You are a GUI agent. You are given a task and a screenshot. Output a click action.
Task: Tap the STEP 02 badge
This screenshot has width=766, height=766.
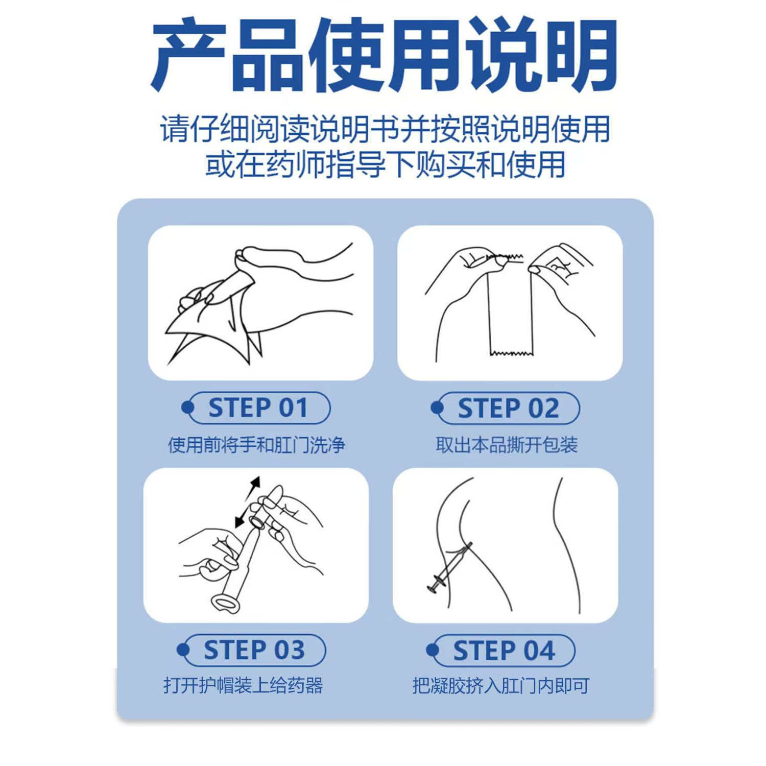point(506,408)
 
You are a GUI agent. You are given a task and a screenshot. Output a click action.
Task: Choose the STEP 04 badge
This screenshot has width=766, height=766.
point(501,650)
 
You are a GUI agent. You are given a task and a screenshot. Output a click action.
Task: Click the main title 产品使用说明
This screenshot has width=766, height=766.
point(384,55)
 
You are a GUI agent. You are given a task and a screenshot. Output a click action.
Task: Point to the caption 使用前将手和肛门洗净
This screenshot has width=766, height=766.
point(257,445)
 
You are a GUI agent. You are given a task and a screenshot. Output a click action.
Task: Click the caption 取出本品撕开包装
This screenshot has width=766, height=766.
point(507,445)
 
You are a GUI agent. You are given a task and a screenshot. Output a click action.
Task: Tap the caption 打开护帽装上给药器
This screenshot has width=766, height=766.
point(243,685)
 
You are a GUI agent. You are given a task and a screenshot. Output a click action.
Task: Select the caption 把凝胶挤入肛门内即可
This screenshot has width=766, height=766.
point(501,685)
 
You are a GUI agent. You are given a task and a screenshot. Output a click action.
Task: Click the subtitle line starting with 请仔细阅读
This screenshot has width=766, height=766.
point(385,129)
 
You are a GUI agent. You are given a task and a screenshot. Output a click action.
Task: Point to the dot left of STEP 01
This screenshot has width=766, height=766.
point(188,408)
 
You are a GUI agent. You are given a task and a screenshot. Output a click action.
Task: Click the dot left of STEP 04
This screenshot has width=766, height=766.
point(433,650)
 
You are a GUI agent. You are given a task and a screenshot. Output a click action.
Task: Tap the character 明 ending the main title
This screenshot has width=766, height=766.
point(580,55)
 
